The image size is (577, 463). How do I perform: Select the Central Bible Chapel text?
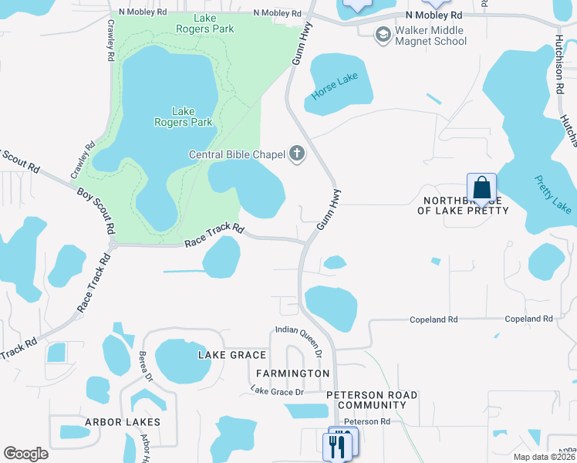[x=238, y=154]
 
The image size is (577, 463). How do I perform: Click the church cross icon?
[x=297, y=154]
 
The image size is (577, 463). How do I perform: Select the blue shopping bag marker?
[x=481, y=188]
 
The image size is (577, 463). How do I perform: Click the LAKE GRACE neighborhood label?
[x=232, y=355]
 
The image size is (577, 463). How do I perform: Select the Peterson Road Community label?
[x=372, y=400]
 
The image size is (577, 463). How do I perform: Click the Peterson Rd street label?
[x=367, y=421]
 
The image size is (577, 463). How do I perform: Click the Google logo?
[x=26, y=453]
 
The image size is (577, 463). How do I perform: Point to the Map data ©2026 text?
[x=545, y=457]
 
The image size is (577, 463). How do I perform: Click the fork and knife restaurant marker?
[x=337, y=445]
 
